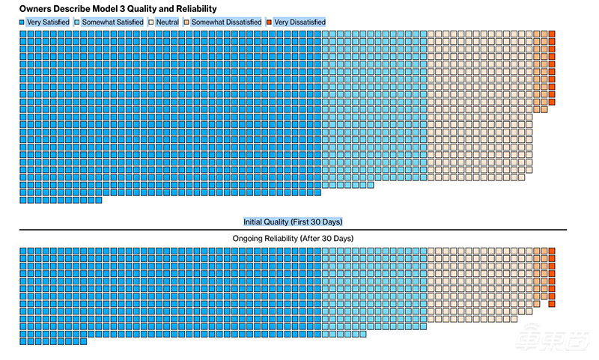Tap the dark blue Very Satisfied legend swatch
pyautogui.click(x=22, y=22)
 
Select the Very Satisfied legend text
pyautogui.click(x=48, y=22)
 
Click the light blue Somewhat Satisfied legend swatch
pyautogui.click(x=77, y=22)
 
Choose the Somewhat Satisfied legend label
pyautogui.click(x=112, y=22)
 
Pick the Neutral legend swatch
pyautogui.click(x=151, y=22)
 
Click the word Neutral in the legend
pyautogui.click(x=167, y=22)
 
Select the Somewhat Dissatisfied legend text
pyautogui.click(x=226, y=22)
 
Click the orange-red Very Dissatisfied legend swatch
pyautogui.click(x=270, y=22)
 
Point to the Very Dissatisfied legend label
pyautogui.click(x=299, y=22)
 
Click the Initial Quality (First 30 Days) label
pyautogui.click(x=293, y=222)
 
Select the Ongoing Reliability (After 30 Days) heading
pyautogui.click(x=293, y=238)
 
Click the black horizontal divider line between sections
pyautogui.click(x=293, y=230)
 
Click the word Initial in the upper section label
pyautogui.click(x=255, y=222)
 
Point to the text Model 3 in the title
pyautogui.click(x=112, y=8)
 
